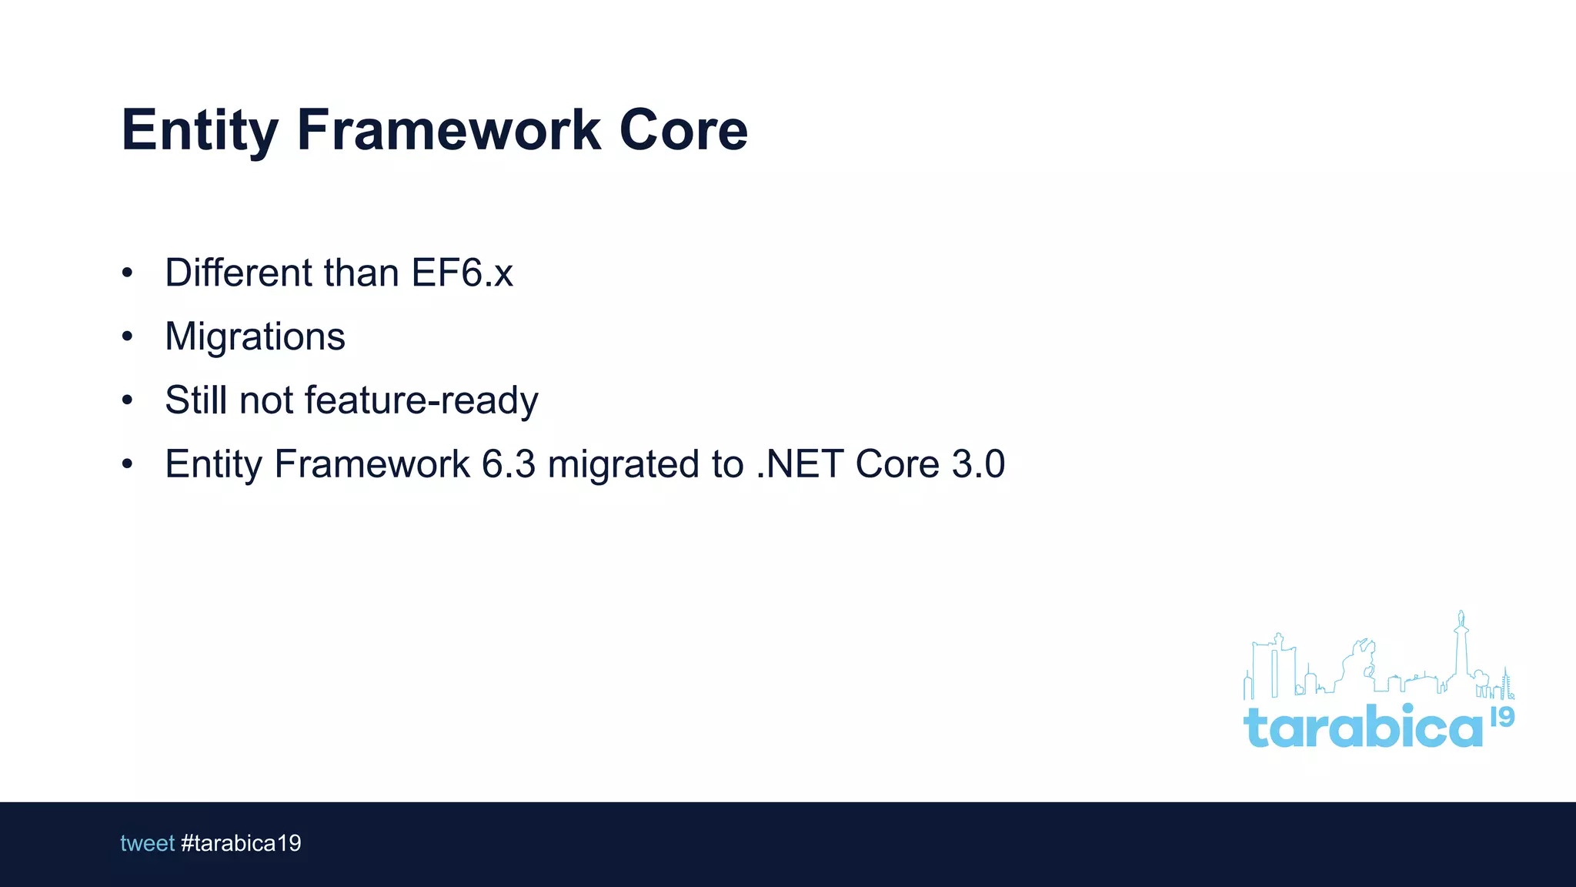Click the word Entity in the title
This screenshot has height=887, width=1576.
[199, 131]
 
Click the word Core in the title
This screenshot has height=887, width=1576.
[683, 129]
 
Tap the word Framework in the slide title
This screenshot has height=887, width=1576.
[448, 129]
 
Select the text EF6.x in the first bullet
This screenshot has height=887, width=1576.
[462, 273]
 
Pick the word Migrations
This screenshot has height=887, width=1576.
[255, 337]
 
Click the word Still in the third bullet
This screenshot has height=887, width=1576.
[195, 400]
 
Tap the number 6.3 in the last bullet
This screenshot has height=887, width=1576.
[508, 464]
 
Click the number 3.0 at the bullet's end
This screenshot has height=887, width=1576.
[978, 464]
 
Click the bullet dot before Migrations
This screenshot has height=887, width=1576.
[128, 336]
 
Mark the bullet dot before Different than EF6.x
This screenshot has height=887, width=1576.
[128, 273]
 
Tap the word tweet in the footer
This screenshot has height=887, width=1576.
[147, 844]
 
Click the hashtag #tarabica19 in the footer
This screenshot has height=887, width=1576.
[241, 844]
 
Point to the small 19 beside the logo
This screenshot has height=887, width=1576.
[1502, 717]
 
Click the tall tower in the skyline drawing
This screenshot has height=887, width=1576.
[1461, 647]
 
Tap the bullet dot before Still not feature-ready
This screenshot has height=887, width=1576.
[128, 400]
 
